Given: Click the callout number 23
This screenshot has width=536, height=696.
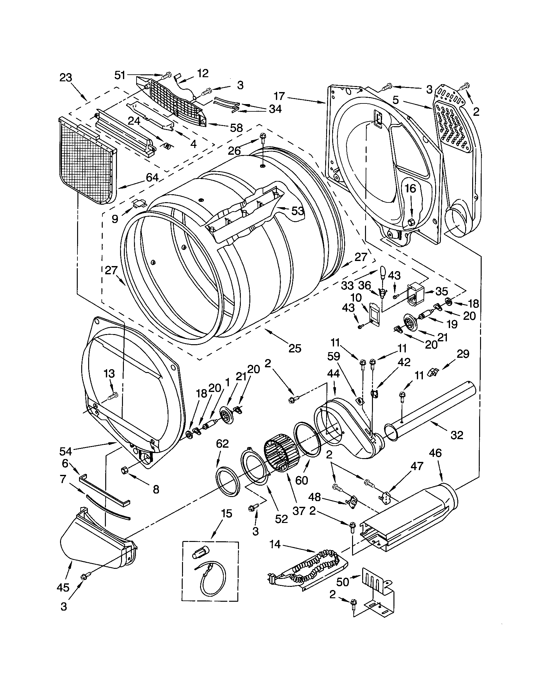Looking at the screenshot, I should point(66,78).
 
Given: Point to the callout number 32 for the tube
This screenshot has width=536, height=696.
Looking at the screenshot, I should point(457,435).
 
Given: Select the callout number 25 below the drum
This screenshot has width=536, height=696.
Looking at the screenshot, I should point(295,348).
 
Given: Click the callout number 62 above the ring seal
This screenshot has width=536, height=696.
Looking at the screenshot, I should point(222,444).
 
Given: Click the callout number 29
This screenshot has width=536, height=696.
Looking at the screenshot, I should point(463,354).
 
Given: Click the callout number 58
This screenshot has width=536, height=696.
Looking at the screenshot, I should point(236,128).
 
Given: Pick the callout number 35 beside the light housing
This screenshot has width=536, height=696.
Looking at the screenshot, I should point(442,291).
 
